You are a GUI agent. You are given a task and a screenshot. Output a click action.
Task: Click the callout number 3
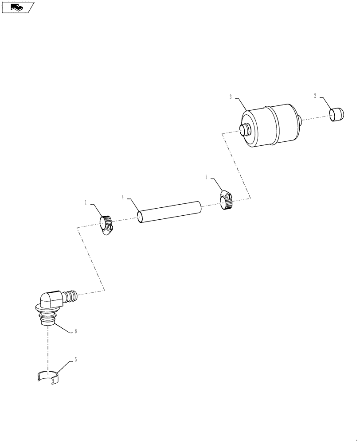[231, 96]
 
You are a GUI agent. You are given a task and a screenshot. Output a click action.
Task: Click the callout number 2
[315, 96]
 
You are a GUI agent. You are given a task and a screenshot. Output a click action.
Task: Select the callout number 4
[123, 197]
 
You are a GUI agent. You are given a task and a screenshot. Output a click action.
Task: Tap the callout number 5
[75, 360]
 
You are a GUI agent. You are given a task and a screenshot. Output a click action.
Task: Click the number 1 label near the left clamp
[86, 202]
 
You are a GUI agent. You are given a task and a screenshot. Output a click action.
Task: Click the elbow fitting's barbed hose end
[70, 295]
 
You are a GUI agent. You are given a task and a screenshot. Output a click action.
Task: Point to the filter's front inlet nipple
[244, 130]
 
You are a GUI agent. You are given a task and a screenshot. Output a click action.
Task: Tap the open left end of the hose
[140, 218]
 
